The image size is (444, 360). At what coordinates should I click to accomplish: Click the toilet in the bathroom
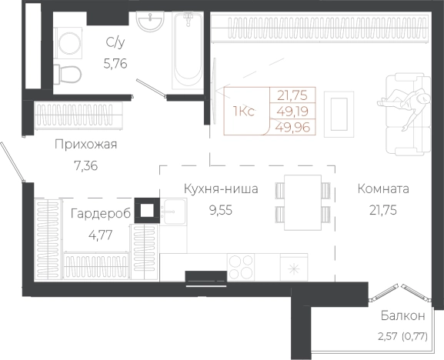tap(69, 73)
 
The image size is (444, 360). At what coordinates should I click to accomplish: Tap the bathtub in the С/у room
tap(186, 50)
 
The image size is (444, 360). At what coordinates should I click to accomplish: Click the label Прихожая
tap(85, 145)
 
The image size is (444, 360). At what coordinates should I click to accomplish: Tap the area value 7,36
tap(85, 165)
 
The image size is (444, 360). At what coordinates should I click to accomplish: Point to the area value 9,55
tap(220, 208)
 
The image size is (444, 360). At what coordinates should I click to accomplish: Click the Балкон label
tap(402, 316)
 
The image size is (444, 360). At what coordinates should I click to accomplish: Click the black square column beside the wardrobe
tap(146, 209)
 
